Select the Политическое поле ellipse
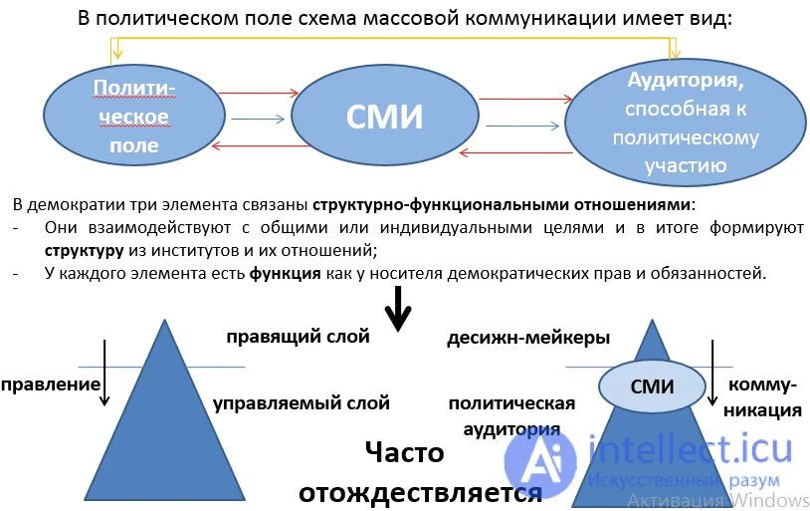click(x=133, y=118)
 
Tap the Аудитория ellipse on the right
click(x=685, y=121)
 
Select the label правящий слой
click(x=297, y=337)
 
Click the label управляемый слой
click(x=301, y=403)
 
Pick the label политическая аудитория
click(x=511, y=415)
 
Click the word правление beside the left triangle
click(x=51, y=383)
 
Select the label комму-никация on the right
click(x=763, y=396)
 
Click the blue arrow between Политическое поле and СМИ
click(x=258, y=120)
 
